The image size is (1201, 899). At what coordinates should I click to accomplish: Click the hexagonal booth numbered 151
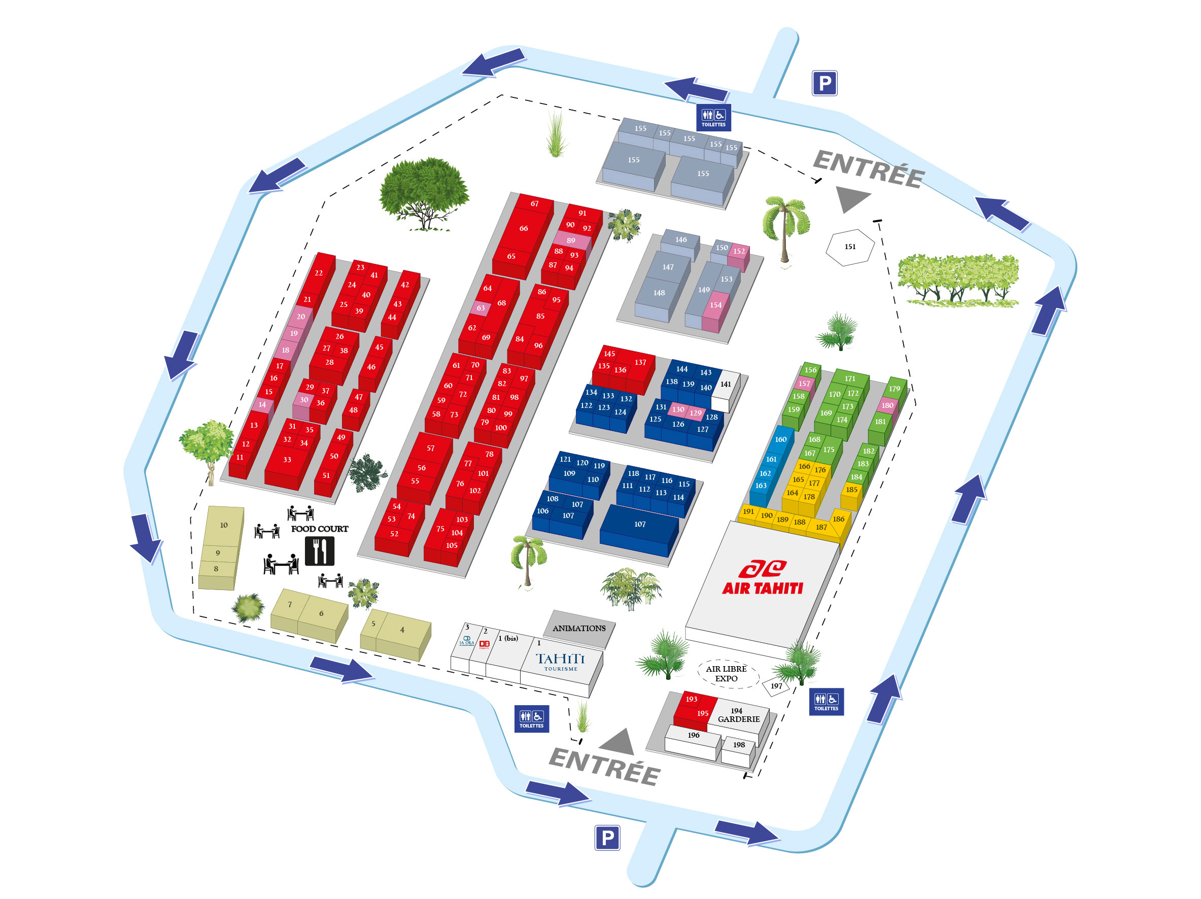click(x=850, y=247)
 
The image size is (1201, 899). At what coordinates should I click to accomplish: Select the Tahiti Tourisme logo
click(x=560, y=661)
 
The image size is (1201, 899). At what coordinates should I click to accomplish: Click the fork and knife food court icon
click(x=319, y=550)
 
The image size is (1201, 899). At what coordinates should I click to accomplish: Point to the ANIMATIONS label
click(x=579, y=628)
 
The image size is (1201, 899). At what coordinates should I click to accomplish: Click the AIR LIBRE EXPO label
click(x=727, y=674)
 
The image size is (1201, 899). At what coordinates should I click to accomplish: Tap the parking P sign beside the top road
click(x=824, y=83)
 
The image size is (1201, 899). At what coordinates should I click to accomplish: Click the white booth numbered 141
click(x=726, y=385)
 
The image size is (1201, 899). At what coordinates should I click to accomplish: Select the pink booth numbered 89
click(x=571, y=240)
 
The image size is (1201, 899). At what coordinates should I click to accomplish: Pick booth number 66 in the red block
click(x=524, y=228)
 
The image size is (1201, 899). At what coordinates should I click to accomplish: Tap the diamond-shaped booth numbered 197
click(x=776, y=686)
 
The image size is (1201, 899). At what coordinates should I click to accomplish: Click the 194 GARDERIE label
click(x=738, y=715)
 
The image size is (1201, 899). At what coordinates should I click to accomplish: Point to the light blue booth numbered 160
click(x=781, y=439)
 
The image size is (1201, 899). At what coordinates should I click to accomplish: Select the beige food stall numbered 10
click(x=224, y=525)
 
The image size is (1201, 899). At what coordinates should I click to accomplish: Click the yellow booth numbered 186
click(x=839, y=519)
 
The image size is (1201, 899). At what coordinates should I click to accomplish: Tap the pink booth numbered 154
click(x=715, y=305)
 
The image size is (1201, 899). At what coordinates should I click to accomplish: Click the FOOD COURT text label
click(x=319, y=529)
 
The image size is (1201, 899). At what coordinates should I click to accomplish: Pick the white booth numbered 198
click(x=739, y=745)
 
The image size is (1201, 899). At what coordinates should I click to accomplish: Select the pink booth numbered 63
click(x=481, y=308)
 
